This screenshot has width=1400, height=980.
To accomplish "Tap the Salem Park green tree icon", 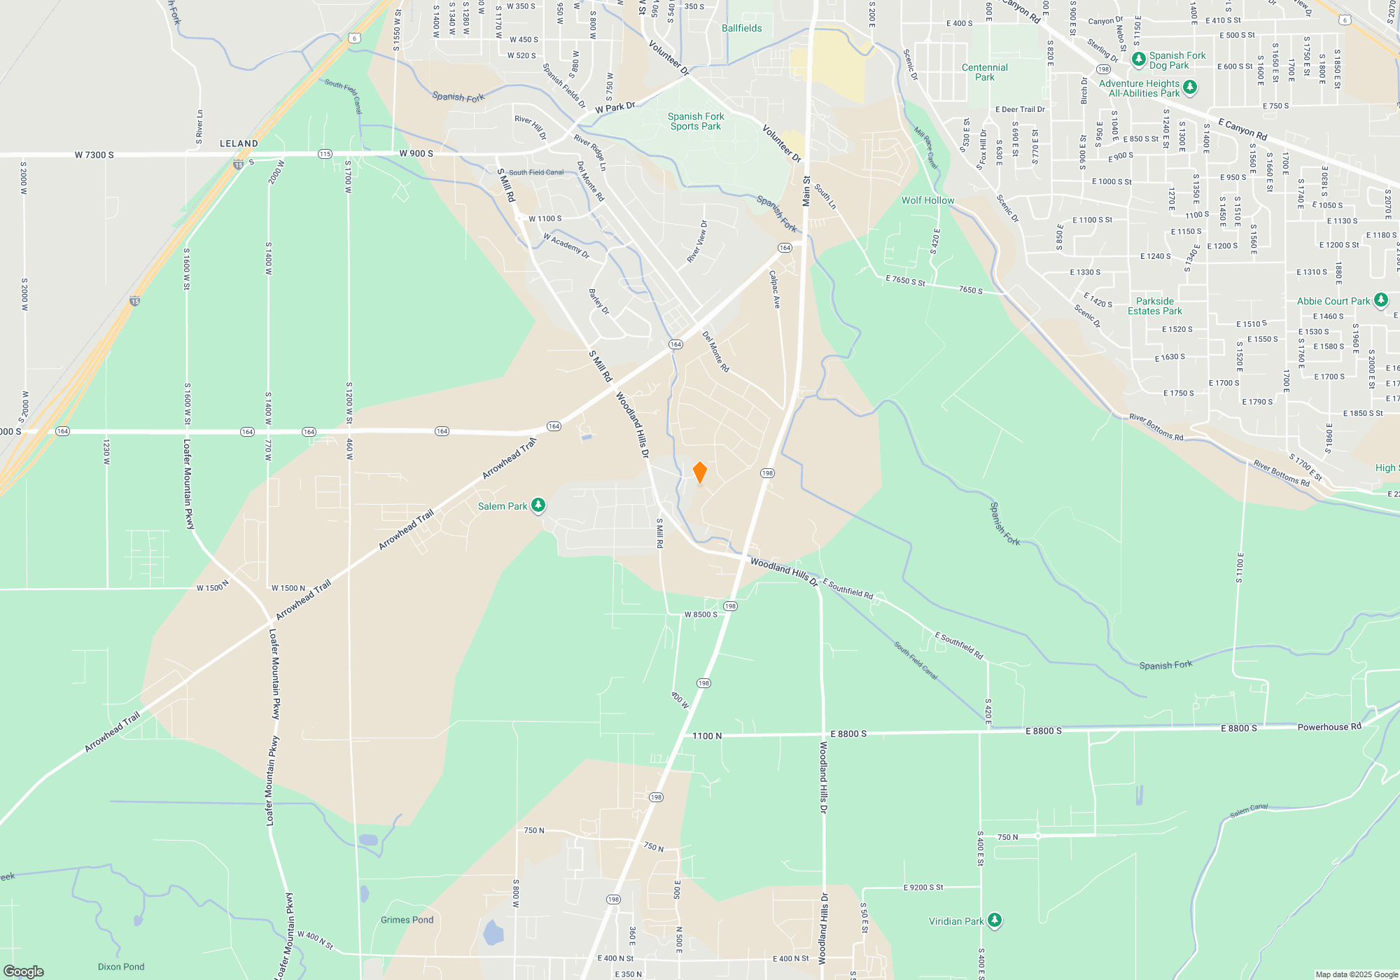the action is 538,505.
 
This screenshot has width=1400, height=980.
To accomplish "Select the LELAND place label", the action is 239,143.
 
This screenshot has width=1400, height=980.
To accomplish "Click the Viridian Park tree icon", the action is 995,920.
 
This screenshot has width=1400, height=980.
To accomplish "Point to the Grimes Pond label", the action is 407,920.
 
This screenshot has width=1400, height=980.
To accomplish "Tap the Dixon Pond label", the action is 121,967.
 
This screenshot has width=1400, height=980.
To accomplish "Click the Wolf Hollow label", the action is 927,200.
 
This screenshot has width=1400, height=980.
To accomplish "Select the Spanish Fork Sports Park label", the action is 695,121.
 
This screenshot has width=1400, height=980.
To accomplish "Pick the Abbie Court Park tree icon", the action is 1380,300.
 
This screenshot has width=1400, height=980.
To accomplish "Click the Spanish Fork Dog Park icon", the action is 1139,58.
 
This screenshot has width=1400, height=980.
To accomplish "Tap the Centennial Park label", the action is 984,72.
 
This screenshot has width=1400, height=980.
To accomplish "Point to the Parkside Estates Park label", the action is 1154,306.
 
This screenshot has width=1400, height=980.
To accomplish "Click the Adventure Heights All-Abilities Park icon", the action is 1190,87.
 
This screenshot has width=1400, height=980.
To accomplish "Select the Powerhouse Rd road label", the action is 1329,727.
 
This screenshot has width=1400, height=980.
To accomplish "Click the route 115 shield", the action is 325,154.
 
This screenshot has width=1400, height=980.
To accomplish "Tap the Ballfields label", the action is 741,28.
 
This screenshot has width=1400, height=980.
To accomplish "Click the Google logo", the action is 23,971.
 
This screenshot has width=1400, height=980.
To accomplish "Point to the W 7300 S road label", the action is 94,155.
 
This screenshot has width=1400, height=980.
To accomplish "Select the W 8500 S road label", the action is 701,615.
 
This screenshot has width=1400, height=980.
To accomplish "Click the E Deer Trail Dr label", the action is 1020,109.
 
